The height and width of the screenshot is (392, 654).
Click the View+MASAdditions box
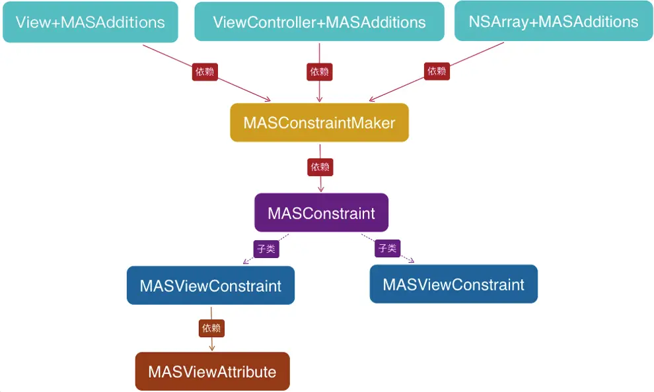(90, 22)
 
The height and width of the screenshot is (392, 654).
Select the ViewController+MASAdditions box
(319, 22)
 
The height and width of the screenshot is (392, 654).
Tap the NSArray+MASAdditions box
(554, 21)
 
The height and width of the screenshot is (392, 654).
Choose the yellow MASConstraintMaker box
(319, 123)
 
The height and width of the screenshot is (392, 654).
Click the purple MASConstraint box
(321, 213)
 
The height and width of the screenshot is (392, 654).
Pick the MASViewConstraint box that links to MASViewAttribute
(210, 286)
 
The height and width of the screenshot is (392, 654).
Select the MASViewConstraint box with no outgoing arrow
(453, 284)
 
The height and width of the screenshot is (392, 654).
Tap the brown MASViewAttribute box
(212, 372)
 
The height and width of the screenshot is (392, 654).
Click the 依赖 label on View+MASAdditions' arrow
(205, 72)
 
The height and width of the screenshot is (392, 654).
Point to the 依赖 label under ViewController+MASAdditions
(320, 72)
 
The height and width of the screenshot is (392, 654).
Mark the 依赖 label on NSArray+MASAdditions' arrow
(437, 71)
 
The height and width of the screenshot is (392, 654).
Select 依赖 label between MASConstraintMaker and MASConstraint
(320, 168)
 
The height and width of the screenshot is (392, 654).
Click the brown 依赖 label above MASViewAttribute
(211, 328)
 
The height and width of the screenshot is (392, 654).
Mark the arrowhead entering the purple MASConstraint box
(321, 189)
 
